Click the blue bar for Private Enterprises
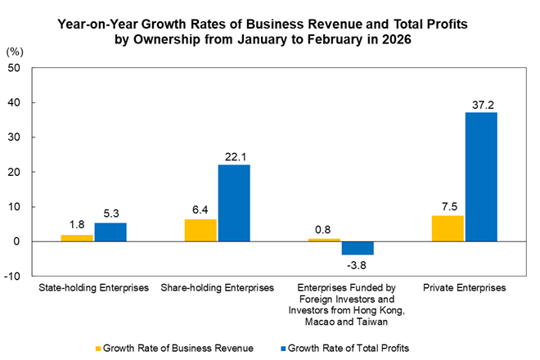pos(481,177)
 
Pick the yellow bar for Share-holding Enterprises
pos(201,230)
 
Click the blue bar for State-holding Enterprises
pos(110,232)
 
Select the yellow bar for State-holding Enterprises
pos(78,238)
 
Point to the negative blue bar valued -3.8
pos(358,248)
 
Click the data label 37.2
pos(481,103)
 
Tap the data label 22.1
pos(234,155)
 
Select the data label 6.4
pos(201,210)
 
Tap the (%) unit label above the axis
pos(15,52)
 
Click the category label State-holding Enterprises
pos(94,288)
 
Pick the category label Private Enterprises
pos(465,288)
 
